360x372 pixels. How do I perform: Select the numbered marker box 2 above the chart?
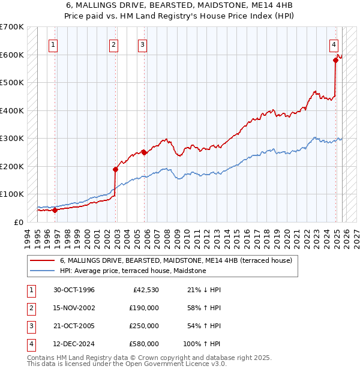point(114,44)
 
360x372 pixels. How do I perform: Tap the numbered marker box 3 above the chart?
point(143,44)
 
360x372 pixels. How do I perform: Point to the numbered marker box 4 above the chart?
point(334,44)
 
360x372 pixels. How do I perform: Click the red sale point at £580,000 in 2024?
point(335,60)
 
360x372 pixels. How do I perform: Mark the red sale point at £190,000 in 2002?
point(115,169)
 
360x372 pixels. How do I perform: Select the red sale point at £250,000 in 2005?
point(144,152)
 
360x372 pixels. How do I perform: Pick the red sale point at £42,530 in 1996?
point(55,210)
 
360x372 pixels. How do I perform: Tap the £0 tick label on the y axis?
point(18,222)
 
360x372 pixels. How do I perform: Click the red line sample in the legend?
point(43,261)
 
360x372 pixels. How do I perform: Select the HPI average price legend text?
point(133,271)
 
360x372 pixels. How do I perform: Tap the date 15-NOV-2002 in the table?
point(74,308)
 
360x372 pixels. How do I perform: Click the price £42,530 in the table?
point(144,290)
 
